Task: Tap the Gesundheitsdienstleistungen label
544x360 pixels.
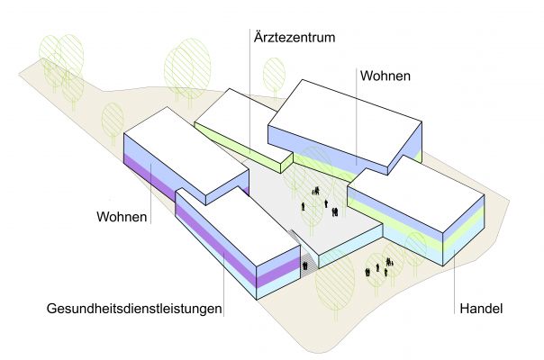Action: tap(134, 310)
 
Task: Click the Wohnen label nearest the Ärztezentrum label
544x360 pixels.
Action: tap(385, 77)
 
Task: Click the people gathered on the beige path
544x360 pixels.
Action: tap(378, 269)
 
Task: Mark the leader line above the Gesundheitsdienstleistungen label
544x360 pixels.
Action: tap(223, 279)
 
